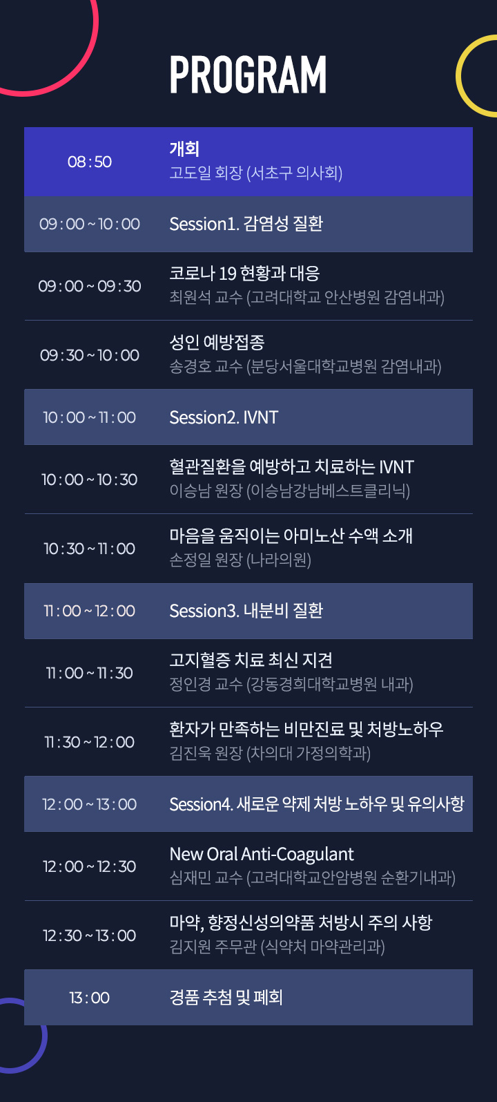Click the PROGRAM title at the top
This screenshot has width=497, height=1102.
(248, 75)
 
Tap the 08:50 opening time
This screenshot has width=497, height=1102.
(90, 162)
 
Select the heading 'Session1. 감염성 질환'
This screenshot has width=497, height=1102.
(246, 224)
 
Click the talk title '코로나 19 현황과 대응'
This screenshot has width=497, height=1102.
(244, 273)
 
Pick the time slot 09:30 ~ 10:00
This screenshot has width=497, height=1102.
(90, 355)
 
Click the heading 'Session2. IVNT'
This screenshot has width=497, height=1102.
(224, 418)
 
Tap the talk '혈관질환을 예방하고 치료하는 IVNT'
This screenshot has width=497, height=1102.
(291, 467)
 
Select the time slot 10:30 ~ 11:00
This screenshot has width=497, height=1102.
(90, 549)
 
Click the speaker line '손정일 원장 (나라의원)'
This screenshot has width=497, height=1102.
(240, 560)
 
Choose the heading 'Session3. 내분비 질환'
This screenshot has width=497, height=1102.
(246, 611)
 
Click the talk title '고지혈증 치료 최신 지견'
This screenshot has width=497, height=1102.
(251, 661)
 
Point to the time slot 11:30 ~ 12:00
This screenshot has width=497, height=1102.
(90, 742)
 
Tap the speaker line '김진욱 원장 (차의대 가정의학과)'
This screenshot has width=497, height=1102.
(270, 753)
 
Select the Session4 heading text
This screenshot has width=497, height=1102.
(317, 804)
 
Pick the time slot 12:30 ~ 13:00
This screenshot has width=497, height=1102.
(90, 935)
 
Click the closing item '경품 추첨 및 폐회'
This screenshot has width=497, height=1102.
(226, 998)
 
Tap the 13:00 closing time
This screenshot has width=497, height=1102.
(90, 998)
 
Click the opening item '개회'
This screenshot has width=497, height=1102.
(184, 149)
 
